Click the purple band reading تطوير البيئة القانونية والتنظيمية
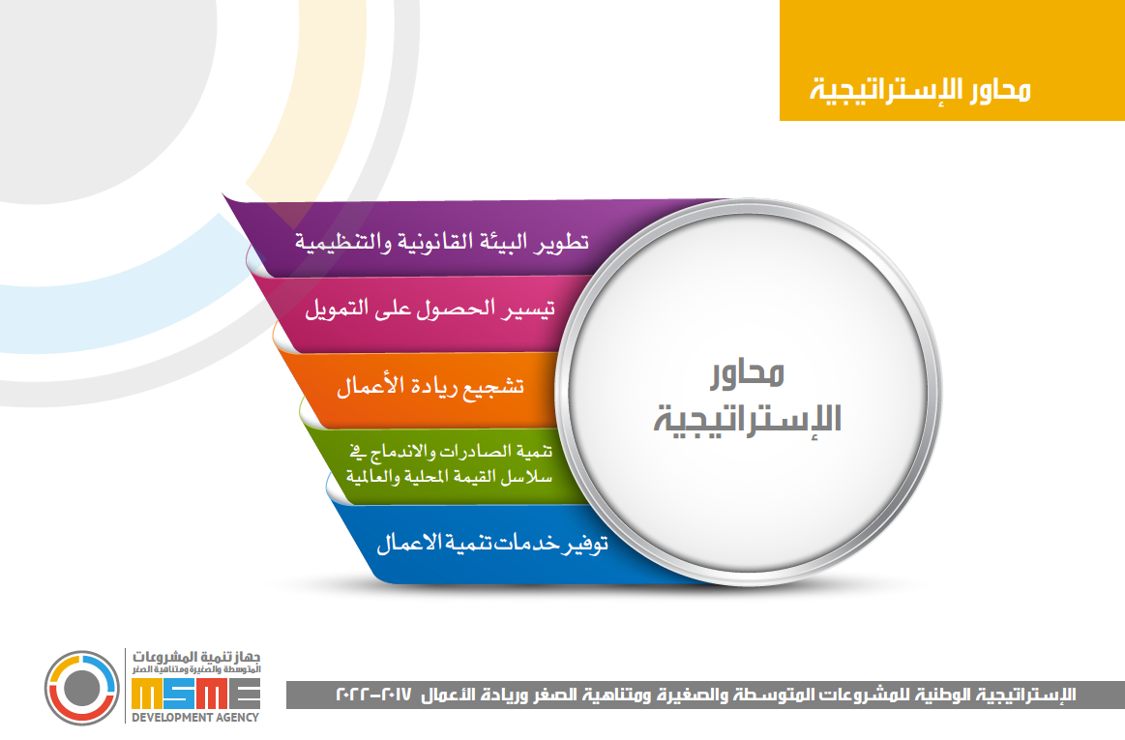(430, 240)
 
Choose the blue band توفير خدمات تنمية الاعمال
(474, 543)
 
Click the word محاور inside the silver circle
(748, 373)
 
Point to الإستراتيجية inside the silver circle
(747, 418)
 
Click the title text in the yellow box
(921, 90)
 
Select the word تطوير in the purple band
(560, 242)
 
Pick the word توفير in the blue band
(583, 544)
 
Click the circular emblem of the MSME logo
(82, 688)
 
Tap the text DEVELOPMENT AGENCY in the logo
(195, 717)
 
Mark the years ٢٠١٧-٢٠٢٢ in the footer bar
(373, 695)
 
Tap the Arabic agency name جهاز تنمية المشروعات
(195, 657)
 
